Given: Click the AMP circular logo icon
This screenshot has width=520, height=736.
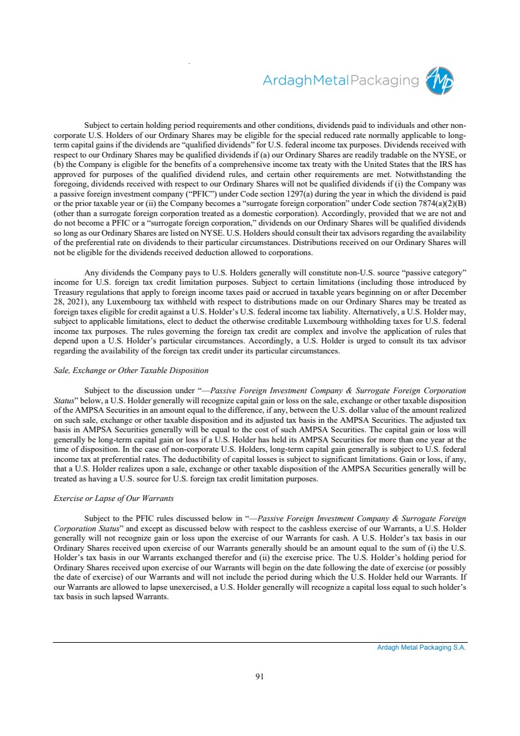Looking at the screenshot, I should (440, 81).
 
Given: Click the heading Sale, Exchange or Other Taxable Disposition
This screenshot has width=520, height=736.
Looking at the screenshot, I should (131, 370).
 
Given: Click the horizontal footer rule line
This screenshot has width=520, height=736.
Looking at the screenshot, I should (259, 642).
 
